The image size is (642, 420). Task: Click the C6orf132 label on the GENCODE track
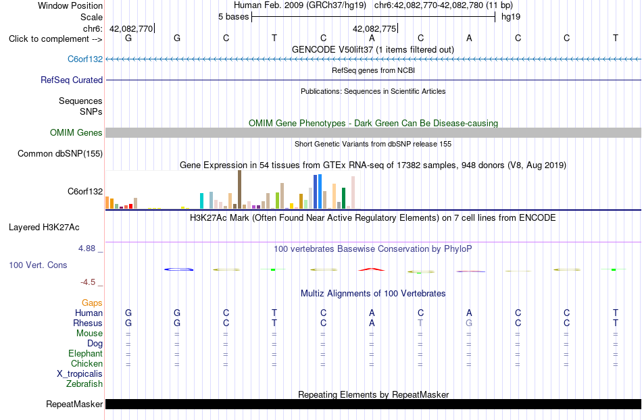[84, 59]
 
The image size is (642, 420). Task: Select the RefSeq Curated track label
[71, 80]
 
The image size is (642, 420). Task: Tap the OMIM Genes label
[76, 132]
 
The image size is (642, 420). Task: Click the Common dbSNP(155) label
[59, 154]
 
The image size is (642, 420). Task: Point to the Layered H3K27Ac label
[44, 228]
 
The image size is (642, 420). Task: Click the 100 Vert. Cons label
[38, 265]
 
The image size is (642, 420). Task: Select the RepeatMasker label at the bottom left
[74, 404]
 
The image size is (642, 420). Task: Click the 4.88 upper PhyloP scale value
[87, 248]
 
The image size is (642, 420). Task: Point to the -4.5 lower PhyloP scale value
[88, 282]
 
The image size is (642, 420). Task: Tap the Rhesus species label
[88, 323]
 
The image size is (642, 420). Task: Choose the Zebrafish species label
[84, 384]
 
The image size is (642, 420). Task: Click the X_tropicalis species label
[80, 374]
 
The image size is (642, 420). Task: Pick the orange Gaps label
[92, 303]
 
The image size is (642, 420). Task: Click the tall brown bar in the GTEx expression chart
[239, 190]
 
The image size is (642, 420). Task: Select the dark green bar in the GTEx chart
[343, 199]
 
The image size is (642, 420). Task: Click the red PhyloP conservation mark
[372, 269]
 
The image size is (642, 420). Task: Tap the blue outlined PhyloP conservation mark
[178, 269]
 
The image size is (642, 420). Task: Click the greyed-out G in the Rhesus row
[469, 323]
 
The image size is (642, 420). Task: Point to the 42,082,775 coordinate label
[374, 28]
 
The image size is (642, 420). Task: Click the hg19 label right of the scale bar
[511, 17]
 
